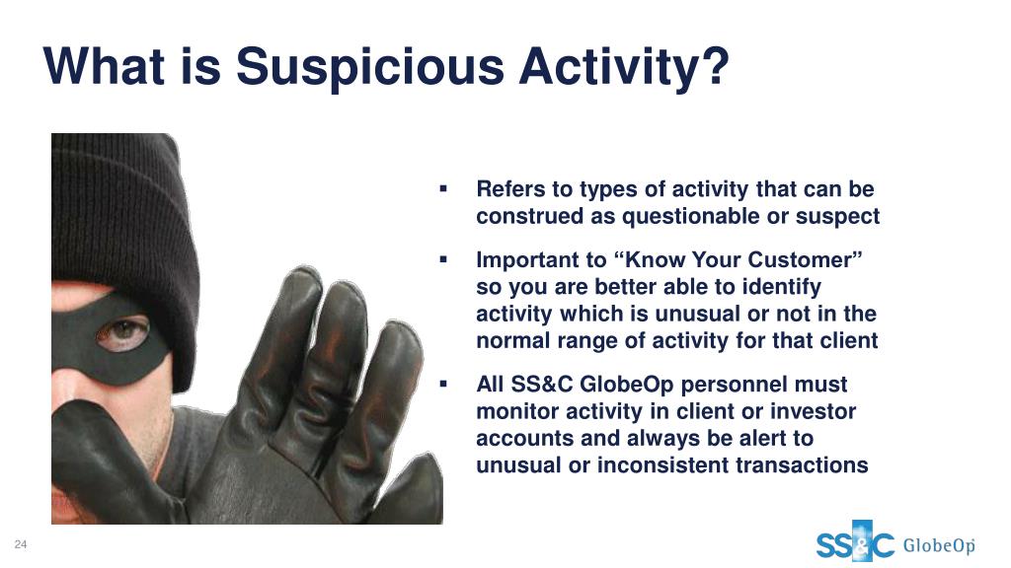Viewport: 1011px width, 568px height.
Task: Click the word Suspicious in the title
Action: click(x=370, y=68)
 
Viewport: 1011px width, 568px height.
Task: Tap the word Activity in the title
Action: click(x=608, y=68)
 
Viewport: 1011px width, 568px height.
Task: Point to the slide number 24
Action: click(x=21, y=544)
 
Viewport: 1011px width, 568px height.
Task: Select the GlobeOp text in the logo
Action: click(x=939, y=545)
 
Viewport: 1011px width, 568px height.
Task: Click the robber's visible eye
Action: click(x=121, y=333)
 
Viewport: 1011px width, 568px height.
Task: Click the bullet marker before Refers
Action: click(x=443, y=188)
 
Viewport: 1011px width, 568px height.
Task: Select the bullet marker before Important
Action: click(x=443, y=259)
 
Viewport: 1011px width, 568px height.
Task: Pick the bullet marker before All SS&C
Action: click(x=443, y=384)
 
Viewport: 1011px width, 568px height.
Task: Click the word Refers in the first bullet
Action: click(x=512, y=188)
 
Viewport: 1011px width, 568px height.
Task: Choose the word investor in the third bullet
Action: click(x=814, y=411)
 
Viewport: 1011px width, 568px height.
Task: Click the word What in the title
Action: click(x=104, y=66)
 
